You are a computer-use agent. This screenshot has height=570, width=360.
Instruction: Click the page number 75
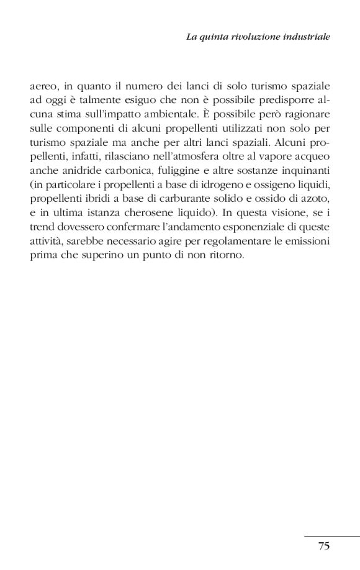pos(323,546)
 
